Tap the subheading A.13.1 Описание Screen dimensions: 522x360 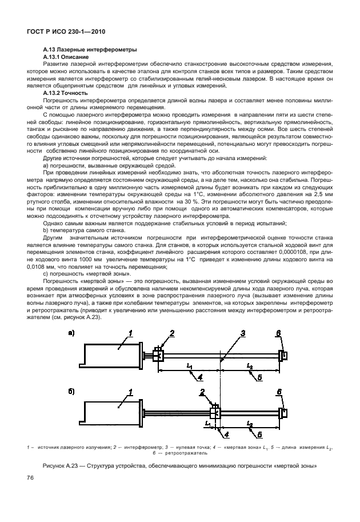pos(66,58)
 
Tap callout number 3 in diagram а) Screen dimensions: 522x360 pos(227,333)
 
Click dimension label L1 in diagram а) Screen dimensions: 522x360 pos(190,365)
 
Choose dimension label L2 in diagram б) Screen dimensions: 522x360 pos(250,424)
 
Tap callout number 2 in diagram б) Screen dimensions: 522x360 pos(202,392)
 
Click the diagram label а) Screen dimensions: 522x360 pos(71,333)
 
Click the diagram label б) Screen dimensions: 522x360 pos(71,392)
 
